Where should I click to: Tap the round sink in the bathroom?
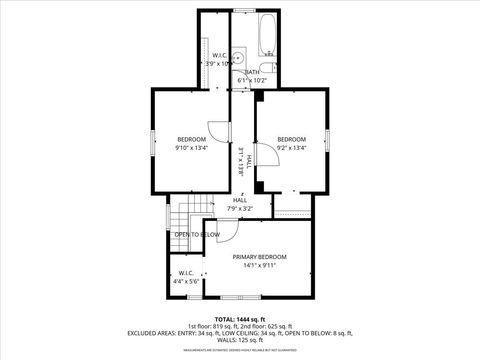click(240, 57)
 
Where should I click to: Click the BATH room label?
click(253, 72)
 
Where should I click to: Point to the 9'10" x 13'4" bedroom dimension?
click(192, 148)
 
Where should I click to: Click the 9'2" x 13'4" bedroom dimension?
click(291, 148)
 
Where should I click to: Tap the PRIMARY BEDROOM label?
click(259, 257)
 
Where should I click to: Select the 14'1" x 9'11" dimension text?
click(259, 266)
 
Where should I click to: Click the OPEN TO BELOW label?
click(197, 234)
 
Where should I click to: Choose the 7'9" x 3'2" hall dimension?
click(240, 209)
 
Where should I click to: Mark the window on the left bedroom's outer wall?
click(153, 143)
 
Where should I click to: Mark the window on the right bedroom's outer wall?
click(328, 143)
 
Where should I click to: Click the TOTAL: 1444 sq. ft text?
click(240, 319)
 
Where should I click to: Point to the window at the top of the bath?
click(242, 11)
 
